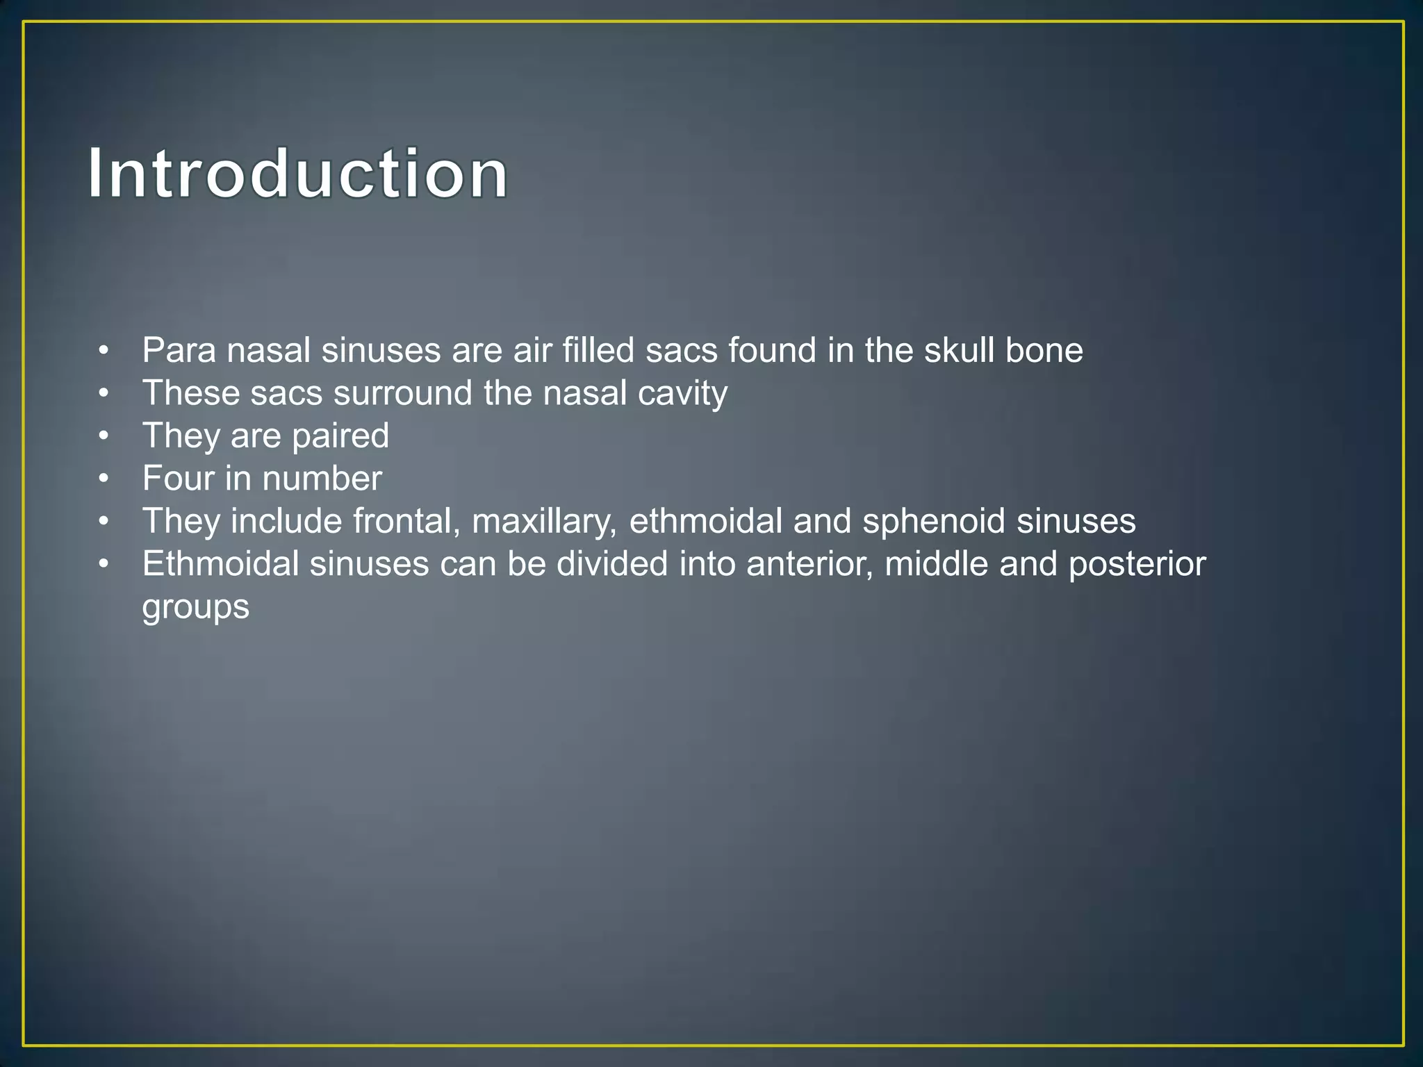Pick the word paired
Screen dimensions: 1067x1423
point(340,436)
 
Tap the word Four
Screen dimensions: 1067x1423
point(178,479)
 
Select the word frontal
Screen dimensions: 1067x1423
point(406,522)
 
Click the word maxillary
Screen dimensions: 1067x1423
point(544,522)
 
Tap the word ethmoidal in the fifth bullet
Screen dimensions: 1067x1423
point(705,522)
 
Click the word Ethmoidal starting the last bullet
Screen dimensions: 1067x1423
point(220,564)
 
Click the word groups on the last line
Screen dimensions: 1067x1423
point(195,607)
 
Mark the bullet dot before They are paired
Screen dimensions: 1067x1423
point(104,436)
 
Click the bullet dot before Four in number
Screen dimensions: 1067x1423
point(104,479)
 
